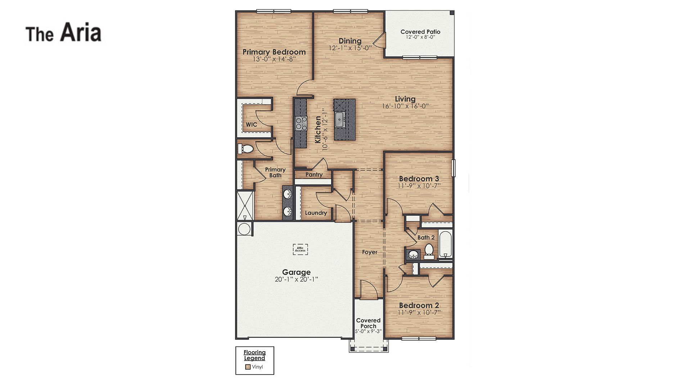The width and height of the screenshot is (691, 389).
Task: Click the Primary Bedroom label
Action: point(274,52)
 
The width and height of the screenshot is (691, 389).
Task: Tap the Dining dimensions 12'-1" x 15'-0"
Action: point(350,48)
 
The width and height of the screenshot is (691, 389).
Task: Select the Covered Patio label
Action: point(420,32)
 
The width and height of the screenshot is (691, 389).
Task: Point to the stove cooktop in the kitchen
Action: point(301,123)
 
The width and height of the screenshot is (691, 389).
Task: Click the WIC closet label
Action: point(251,125)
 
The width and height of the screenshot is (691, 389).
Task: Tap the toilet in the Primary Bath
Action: point(247,148)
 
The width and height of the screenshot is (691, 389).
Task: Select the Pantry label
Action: point(314,175)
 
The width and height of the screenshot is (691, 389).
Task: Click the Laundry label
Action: point(316,213)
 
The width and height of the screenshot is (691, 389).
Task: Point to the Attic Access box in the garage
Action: point(300,249)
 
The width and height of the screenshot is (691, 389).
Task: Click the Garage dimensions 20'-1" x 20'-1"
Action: point(296,279)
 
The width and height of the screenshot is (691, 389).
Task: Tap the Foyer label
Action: point(370,252)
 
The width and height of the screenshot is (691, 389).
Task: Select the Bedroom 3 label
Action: point(419,179)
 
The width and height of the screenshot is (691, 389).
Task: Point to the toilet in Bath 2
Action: point(429,250)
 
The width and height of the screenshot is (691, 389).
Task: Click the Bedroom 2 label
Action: point(419,305)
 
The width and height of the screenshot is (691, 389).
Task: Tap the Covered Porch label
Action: point(368,323)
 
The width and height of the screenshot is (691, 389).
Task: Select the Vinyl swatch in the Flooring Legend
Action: point(248,367)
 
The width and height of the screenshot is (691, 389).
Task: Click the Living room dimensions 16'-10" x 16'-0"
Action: point(405,106)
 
